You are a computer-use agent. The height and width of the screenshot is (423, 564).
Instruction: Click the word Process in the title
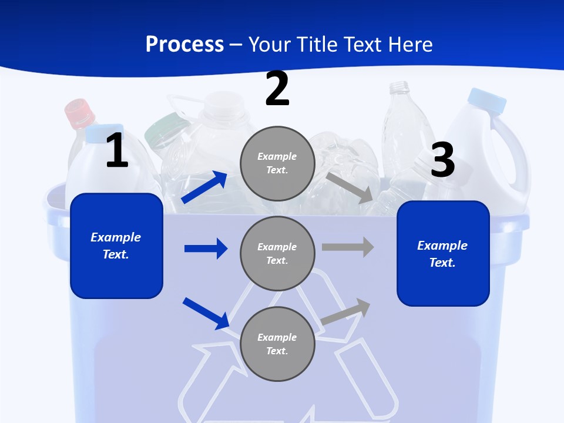tap(184, 44)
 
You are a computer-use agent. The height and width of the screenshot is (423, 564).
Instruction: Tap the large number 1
tap(117, 151)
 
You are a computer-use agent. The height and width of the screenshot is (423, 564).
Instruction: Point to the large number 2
tap(277, 89)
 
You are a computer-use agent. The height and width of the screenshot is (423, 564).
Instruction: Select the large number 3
tap(442, 160)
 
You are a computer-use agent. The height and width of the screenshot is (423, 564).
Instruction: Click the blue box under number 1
tap(116, 246)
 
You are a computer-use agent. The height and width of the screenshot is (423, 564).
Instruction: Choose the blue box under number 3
tap(443, 253)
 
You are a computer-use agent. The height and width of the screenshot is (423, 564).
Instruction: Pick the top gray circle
tap(277, 163)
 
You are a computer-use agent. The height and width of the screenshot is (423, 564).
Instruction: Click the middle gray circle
tap(277, 253)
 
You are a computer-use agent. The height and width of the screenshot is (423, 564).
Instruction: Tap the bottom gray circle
tap(277, 344)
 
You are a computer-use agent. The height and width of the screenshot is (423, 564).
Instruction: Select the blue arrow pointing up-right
tap(204, 187)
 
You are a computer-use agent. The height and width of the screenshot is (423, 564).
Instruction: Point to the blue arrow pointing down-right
tap(206, 313)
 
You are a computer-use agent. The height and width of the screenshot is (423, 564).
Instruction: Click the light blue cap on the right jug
tap(487, 100)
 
